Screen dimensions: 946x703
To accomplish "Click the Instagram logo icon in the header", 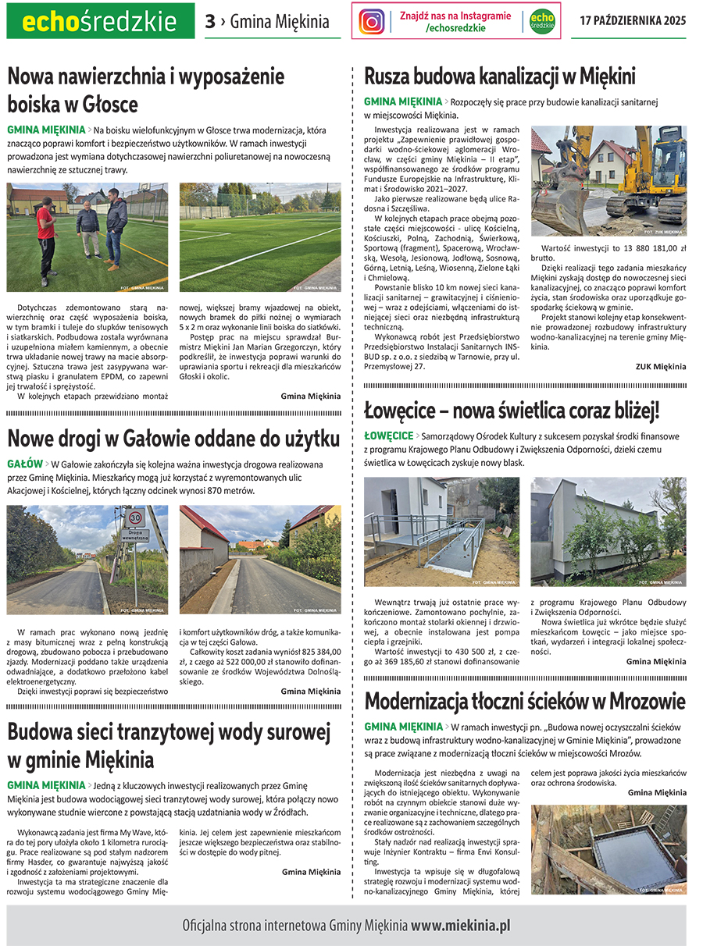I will coord(372,21).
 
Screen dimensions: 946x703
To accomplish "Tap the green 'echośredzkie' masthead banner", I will coord(100,21).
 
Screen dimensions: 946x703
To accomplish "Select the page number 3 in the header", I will coord(209,22).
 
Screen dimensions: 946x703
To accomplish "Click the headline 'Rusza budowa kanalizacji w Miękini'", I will coord(500,76).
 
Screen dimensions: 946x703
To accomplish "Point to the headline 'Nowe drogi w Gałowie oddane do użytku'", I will coord(173,437).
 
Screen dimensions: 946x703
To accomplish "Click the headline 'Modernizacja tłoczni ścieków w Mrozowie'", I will coord(525,700).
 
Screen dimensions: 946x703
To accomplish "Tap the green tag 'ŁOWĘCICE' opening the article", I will coord(388,436).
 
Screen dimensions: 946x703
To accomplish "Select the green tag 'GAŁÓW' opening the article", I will coord(25,464).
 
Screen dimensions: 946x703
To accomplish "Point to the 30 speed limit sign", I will coord(135,517).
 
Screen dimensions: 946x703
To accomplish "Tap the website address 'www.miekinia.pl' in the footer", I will coord(461,926).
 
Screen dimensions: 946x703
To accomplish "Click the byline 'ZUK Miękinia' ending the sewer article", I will coord(660,366).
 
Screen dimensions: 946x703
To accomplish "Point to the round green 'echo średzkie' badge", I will coord(541,21).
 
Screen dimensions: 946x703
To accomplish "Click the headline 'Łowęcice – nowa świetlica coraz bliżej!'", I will coord(512,409).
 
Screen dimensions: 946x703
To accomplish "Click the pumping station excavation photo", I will coord(608,849).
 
